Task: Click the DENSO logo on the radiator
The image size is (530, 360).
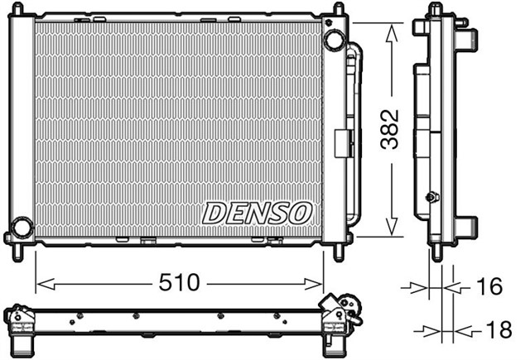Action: click(x=257, y=214)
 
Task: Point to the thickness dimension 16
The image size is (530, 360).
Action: click(x=490, y=286)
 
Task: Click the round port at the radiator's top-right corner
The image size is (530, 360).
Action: click(x=333, y=39)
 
